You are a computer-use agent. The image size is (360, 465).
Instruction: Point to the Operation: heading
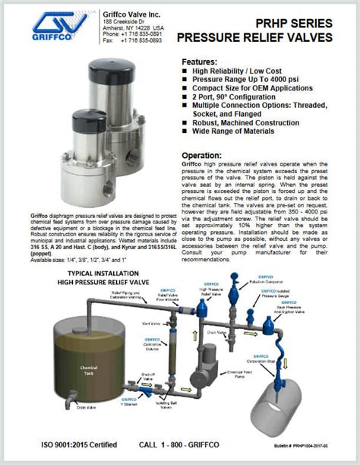202,155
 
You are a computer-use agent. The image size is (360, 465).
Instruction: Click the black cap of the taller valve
115,71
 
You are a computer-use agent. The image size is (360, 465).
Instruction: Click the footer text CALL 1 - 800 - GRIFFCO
190,448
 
